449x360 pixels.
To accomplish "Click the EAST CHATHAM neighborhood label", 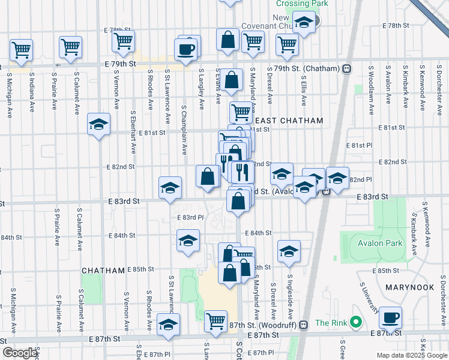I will tap(292, 121).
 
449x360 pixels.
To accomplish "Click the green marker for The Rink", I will tap(355, 323).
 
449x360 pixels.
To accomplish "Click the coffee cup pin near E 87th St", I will tap(391, 318).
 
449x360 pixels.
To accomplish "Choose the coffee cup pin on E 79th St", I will tap(186, 50).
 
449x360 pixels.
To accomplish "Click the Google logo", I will tap(20, 353).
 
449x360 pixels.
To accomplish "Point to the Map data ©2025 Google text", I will tap(412, 355).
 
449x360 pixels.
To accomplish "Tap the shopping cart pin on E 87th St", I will tap(215, 322).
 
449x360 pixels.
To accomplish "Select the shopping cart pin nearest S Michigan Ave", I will tap(21, 50).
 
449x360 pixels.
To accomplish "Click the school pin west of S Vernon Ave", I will tap(98, 125).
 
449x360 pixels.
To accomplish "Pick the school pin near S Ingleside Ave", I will tap(289, 252).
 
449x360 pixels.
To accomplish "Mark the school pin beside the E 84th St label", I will tap(188, 241).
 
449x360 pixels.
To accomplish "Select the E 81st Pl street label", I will tap(359, 145).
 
